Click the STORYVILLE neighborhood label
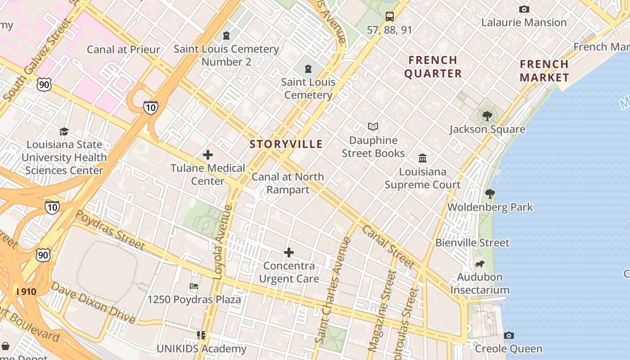pyautogui.click(x=286, y=144)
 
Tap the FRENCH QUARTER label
pyautogui.click(x=433, y=67)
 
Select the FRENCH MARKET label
pyautogui.click(x=544, y=71)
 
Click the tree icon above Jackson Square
pyautogui.click(x=487, y=116)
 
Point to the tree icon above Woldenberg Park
pyautogui.click(x=490, y=194)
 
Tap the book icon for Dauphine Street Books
pyautogui.click(x=373, y=127)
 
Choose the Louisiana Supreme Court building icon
pyautogui.click(x=423, y=158)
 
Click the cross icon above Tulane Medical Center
pyautogui.click(x=208, y=155)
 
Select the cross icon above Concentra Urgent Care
pyautogui.click(x=289, y=252)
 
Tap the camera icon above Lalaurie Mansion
pyautogui.click(x=524, y=9)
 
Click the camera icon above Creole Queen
pyautogui.click(x=509, y=335)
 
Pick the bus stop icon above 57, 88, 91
pyautogui.click(x=390, y=17)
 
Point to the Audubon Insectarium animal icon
pyautogui.click(x=480, y=264)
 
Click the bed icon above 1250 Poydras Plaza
pyautogui.click(x=194, y=286)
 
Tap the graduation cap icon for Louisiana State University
pyautogui.click(x=64, y=131)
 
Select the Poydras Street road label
pyautogui.click(x=110, y=230)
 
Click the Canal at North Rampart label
pyautogui.click(x=288, y=183)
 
